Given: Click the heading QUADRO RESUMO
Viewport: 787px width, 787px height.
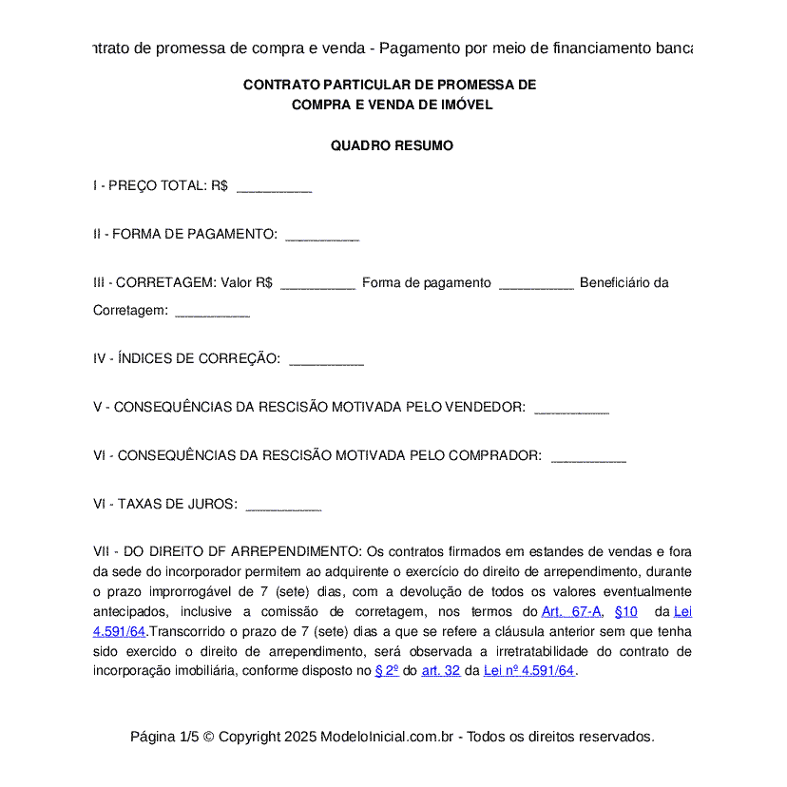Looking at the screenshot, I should [392, 146].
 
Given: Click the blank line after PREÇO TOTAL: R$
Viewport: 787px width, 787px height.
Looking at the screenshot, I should [274, 188].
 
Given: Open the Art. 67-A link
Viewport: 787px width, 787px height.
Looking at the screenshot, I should [571, 612].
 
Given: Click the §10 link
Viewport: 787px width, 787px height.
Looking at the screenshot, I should [626, 612].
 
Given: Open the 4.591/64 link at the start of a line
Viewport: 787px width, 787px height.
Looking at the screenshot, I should [119, 631].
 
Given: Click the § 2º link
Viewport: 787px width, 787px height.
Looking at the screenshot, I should [387, 670].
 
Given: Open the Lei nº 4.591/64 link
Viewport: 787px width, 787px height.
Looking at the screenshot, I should [529, 670].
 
